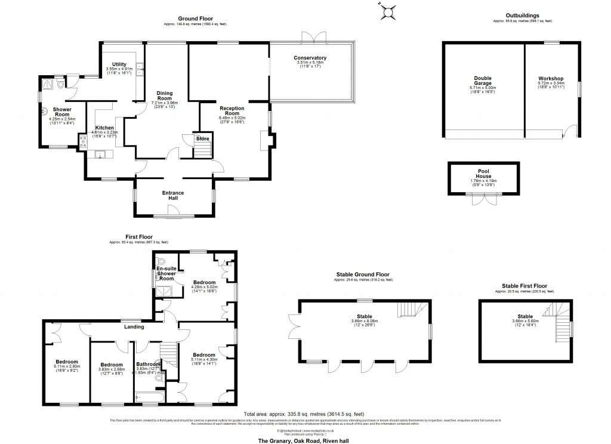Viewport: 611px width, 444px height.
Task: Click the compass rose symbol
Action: [x=389, y=11]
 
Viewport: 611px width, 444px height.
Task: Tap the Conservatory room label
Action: [x=310, y=58]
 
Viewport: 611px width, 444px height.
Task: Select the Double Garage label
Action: [x=483, y=81]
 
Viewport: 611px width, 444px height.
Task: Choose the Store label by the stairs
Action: [x=203, y=139]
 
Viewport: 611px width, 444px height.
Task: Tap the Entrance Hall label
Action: [x=172, y=196]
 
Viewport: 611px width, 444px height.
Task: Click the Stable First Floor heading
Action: [x=524, y=286]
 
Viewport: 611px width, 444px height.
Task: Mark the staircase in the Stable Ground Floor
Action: [x=408, y=309]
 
